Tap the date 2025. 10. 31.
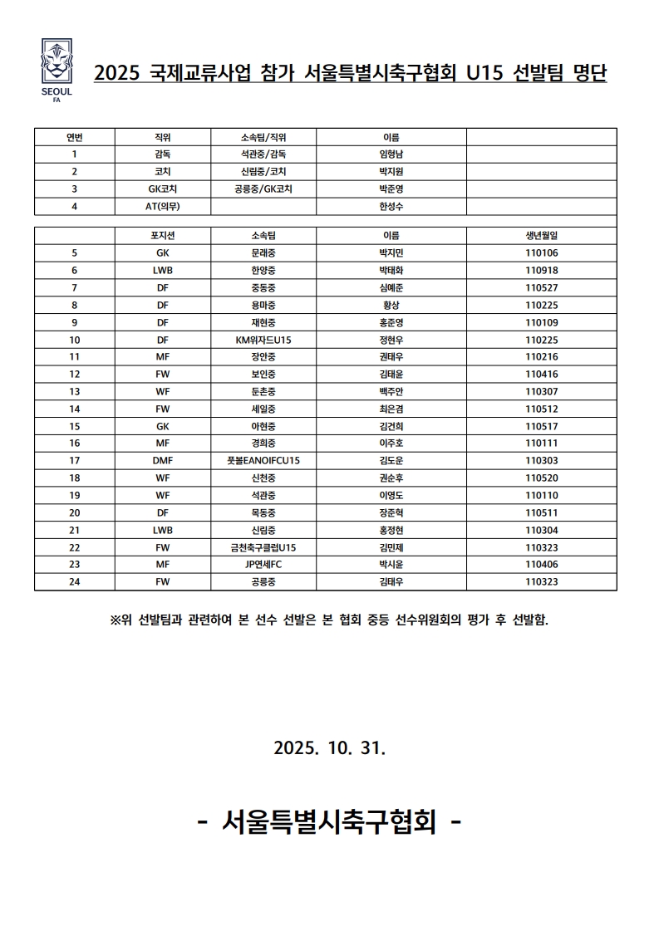329,747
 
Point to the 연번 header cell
75,137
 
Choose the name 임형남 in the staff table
391,154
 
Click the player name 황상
391,305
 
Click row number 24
75,582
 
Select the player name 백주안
391,391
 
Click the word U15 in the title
484,74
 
